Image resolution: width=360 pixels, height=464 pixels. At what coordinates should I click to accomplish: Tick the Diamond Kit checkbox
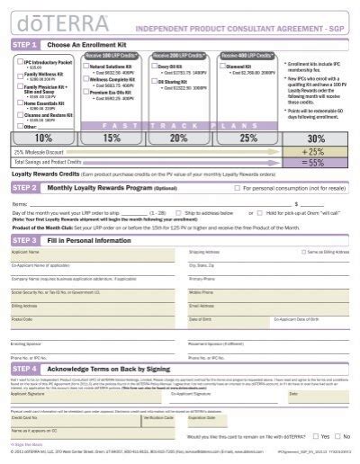pyautogui.click(x=221, y=66)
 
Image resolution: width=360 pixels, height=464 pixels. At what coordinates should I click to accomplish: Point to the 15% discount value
pyautogui.click(x=111, y=138)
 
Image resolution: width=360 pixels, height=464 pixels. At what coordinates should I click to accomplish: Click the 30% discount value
pyautogui.click(x=316, y=139)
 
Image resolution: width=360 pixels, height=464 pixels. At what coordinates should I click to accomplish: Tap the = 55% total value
pyautogui.click(x=316, y=163)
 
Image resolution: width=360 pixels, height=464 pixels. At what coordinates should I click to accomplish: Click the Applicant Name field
pyautogui.click(x=91, y=256)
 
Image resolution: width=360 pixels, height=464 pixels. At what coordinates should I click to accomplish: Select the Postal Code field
pyautogui.click(x=91, y=323)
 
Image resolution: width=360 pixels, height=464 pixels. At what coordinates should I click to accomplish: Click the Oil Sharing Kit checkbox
pyautogui.click(x=157, y=79)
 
